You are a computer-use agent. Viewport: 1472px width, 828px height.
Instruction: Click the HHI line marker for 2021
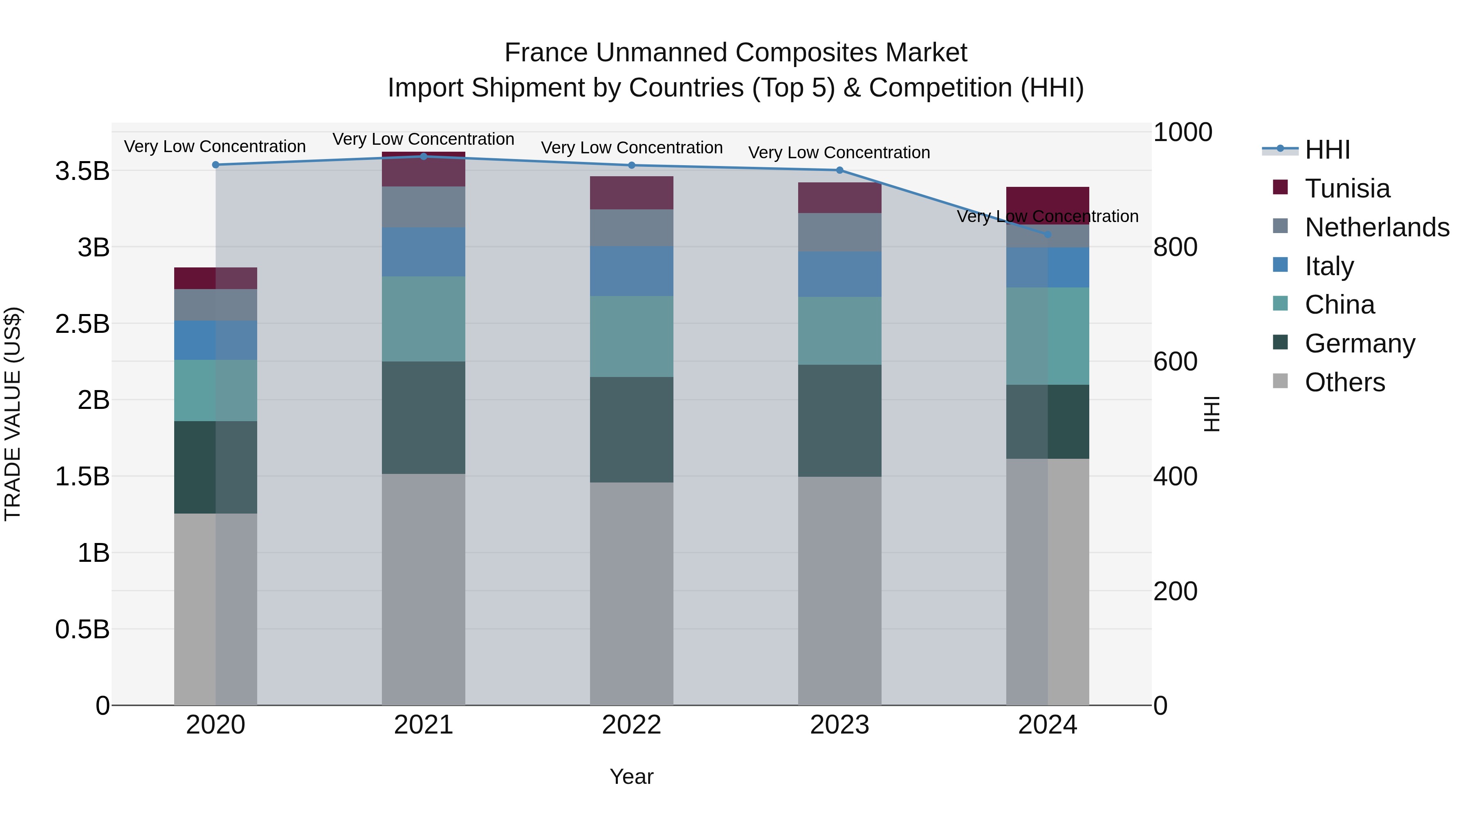click(424, 156)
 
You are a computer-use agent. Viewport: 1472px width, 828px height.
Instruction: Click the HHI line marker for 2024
click(1048, 234)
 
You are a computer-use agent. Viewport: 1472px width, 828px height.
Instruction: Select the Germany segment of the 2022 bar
click(631, 429)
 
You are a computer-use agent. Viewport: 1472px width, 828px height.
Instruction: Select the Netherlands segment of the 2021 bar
click(424, 206)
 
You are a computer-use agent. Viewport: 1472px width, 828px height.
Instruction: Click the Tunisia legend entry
click(1347, 188)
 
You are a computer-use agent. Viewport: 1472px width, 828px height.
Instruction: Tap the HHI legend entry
click(1327, 150)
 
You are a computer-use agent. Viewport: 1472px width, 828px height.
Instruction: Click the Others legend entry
click(1344, 382)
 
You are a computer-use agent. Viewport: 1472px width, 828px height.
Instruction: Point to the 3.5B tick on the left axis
click(82, 171)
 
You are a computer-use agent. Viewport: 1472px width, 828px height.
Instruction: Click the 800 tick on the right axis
click(1175, 247)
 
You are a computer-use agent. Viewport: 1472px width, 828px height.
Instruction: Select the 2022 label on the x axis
click(631, 725)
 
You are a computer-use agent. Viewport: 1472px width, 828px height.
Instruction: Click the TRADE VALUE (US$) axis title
click(13, 414)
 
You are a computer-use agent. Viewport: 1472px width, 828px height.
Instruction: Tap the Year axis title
click(631, 776)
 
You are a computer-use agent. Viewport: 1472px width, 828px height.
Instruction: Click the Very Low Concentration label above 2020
click(215, 146)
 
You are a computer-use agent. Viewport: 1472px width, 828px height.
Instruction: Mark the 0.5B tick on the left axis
click(82, 629)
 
